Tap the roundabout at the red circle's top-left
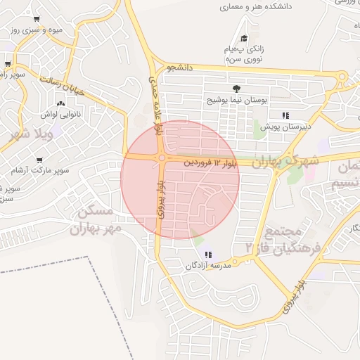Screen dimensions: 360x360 (x=162, y=157)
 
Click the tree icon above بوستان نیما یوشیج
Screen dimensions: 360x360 (x=236, y=89)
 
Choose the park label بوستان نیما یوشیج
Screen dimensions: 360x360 (x=237, y=101)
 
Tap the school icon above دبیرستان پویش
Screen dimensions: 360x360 (x=285, y=115)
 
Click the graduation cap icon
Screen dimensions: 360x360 (x=244, y=39)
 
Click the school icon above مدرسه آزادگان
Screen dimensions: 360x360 (x=207, y=255)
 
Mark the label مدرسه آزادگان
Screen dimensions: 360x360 (x=208, y=266)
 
